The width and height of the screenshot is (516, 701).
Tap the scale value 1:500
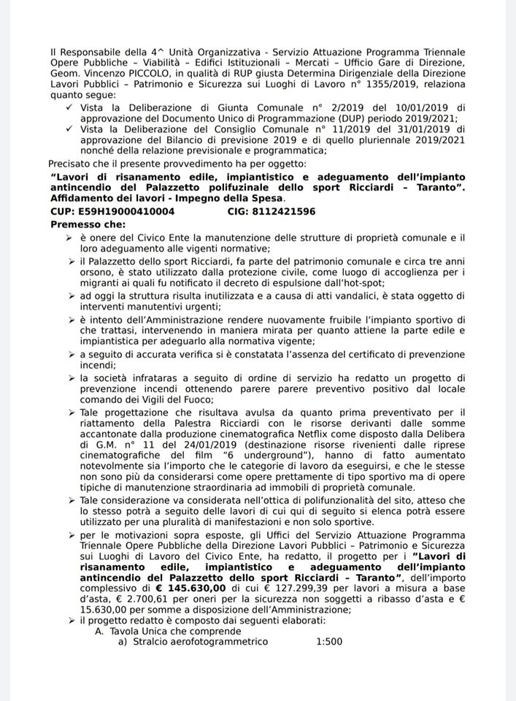[x=331, y=642]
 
